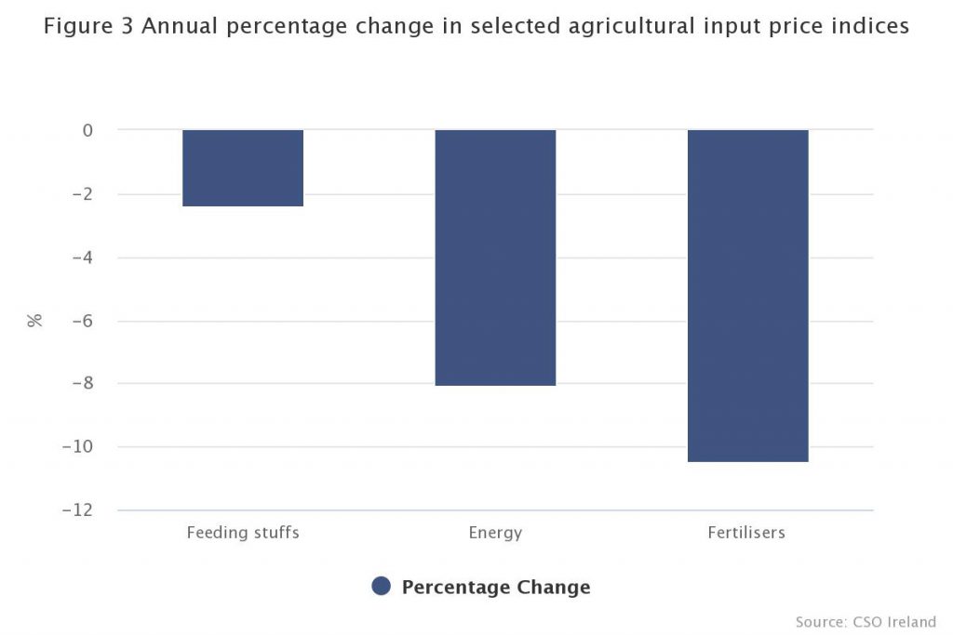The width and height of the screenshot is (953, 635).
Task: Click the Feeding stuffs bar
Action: (x=243, y=168)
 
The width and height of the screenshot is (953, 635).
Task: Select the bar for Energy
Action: (x=495, y=258)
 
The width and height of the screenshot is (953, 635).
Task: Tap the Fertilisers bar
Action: (x=747, y=296)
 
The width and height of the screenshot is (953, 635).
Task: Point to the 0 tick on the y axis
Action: (x=87, y=131)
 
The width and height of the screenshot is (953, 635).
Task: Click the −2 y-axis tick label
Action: (x=82, y=194)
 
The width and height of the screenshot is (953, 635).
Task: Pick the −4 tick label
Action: (x=82, y=258)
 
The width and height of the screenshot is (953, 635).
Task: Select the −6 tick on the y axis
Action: (x=82, y=321)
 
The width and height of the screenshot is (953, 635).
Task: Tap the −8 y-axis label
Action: (x=82, y=384)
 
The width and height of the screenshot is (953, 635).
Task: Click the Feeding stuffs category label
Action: (x=243, y=533)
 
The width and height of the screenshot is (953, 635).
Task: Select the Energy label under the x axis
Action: (x=495, y=534)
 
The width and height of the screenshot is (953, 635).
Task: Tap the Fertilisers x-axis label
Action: (x=746, y=533)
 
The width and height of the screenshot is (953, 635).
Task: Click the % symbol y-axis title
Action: (x=35, y=321)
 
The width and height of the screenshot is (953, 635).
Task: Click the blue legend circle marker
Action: (x=381, y=587)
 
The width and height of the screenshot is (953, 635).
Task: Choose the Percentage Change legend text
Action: (x=496, y=587)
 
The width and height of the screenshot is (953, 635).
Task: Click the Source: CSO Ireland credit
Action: (x=866, y=621)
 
